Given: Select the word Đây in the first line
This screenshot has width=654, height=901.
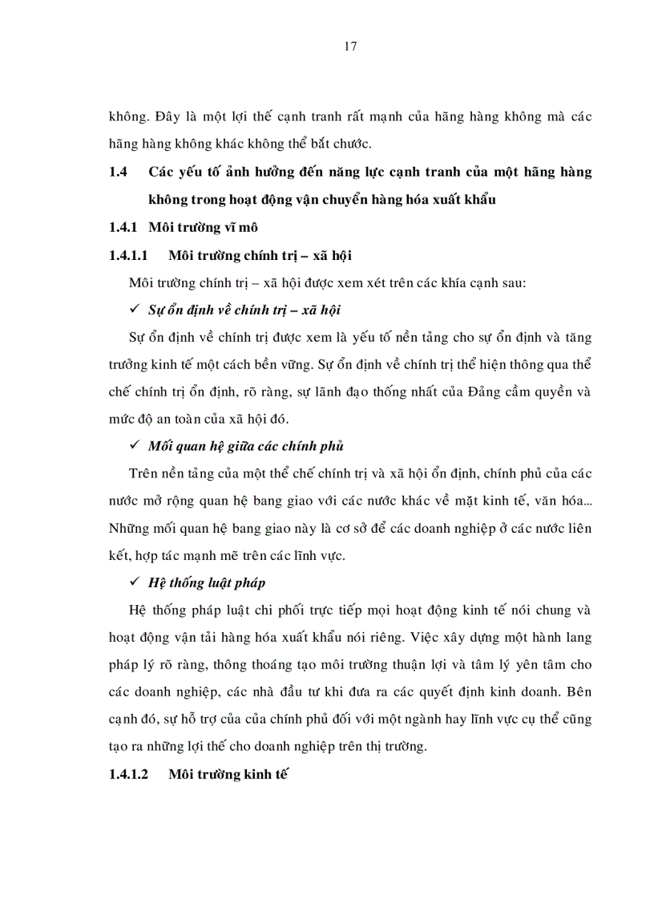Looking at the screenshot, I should [167, 117].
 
